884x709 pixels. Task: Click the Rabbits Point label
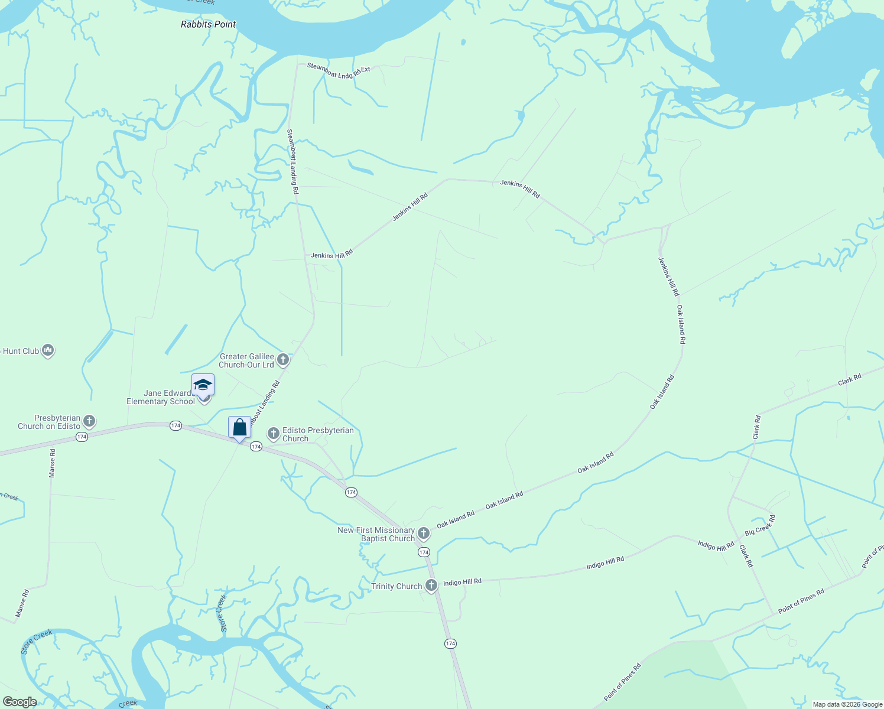pos(208,24)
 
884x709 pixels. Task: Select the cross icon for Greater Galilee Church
pos(283,359)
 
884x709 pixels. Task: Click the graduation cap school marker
pos(203,385)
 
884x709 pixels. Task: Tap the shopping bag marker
pos(239,427)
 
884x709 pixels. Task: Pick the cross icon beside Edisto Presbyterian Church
pos(274,434)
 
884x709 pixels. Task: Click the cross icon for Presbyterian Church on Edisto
pos(89,421)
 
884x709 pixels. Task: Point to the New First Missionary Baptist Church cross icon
pos(424,534)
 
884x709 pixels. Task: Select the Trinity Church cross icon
pos(431,586)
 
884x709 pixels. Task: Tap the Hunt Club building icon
pos(48,350)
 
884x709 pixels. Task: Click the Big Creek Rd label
pos(760,525)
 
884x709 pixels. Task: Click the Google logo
pos(19,702)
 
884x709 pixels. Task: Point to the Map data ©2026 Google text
pos(847,704)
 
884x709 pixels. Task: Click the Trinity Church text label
pos(396,586)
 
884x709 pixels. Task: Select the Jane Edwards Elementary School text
pos(160,397)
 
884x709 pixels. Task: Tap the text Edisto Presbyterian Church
pos(318,434)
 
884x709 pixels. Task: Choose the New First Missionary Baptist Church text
pos(376,534)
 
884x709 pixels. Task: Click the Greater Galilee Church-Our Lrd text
pos(246,360)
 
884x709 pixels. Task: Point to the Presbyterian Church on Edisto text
pos(49,422)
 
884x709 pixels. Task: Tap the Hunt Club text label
pos(20,351)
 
